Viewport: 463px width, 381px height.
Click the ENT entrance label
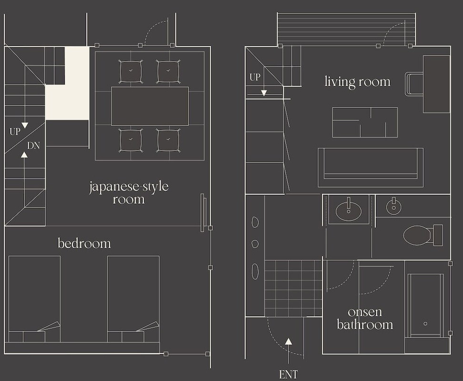[288, 374]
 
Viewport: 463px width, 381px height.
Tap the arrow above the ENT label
[289, 351]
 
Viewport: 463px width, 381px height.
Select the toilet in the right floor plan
[423, 235]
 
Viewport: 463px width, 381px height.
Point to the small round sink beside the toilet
[393, 207]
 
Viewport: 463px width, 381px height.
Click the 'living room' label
[357, 82]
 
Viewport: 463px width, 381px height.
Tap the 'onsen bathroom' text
[365, 318]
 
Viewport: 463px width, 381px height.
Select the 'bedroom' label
[84, 243]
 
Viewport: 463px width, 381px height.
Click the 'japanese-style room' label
[129, 193]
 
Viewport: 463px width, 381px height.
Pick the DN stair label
[33, 145]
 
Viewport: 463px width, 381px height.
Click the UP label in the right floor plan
[255, 77]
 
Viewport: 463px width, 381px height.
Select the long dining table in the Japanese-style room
[150, 106]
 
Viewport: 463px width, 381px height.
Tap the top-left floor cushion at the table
[131, 72]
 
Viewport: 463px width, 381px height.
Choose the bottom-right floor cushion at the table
[168, 140]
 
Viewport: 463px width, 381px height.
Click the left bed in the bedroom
[34, 299]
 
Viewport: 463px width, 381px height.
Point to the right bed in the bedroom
[133, 299]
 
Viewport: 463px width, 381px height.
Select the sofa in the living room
[371, 167]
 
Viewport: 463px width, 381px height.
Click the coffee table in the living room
[365, 122]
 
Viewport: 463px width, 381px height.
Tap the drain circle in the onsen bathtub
[425, 323]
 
